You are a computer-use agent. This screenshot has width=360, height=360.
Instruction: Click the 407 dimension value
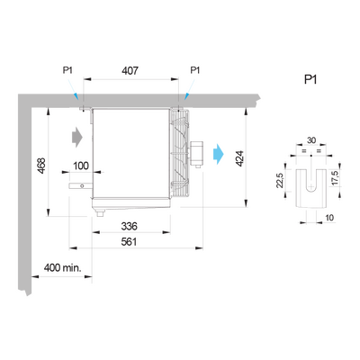click(130, 71)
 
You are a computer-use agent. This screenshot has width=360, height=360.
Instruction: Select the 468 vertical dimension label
click(41, 166)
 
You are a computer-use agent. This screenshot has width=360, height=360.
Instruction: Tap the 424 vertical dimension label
click(239, 158)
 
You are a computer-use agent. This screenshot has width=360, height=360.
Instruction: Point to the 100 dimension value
click(81, 166)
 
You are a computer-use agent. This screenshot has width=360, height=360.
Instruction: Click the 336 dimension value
click(130, 226)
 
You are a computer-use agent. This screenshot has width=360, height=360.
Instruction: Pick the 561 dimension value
click(129, 242)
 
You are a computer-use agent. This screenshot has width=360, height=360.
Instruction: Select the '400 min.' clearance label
click(63, 267)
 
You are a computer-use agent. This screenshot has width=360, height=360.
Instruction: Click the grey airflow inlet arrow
click(77, 138)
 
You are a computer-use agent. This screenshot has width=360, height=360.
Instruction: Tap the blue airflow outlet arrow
click(219, 154)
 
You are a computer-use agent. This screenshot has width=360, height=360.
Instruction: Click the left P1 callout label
click(67, 70)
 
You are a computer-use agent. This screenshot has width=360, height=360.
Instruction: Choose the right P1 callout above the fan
click(195, 70)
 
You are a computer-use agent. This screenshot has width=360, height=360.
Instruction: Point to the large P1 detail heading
click(310, 79)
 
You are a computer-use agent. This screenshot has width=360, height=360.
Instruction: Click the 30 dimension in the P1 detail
click(311, 140)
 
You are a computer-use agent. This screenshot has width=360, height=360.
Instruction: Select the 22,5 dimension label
click(280, 180)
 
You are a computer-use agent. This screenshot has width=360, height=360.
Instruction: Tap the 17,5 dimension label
click(335, 177)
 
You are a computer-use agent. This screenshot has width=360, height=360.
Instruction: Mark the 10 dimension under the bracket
click(329, 218)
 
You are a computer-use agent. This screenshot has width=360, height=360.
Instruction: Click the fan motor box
click(196, 153)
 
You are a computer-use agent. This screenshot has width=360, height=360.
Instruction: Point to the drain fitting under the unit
click(100, 213)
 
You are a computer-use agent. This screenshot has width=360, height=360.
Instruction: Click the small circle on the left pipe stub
click(82, 186)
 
